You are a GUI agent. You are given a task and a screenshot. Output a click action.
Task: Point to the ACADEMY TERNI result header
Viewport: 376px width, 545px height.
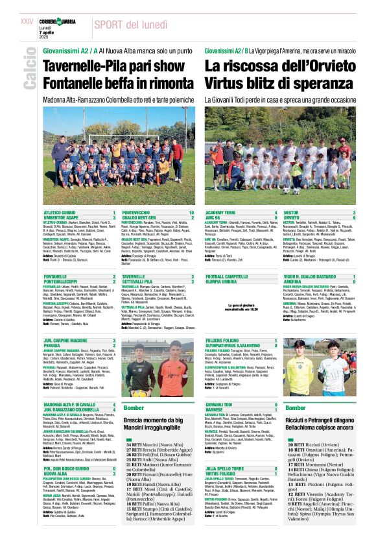[224, 213]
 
